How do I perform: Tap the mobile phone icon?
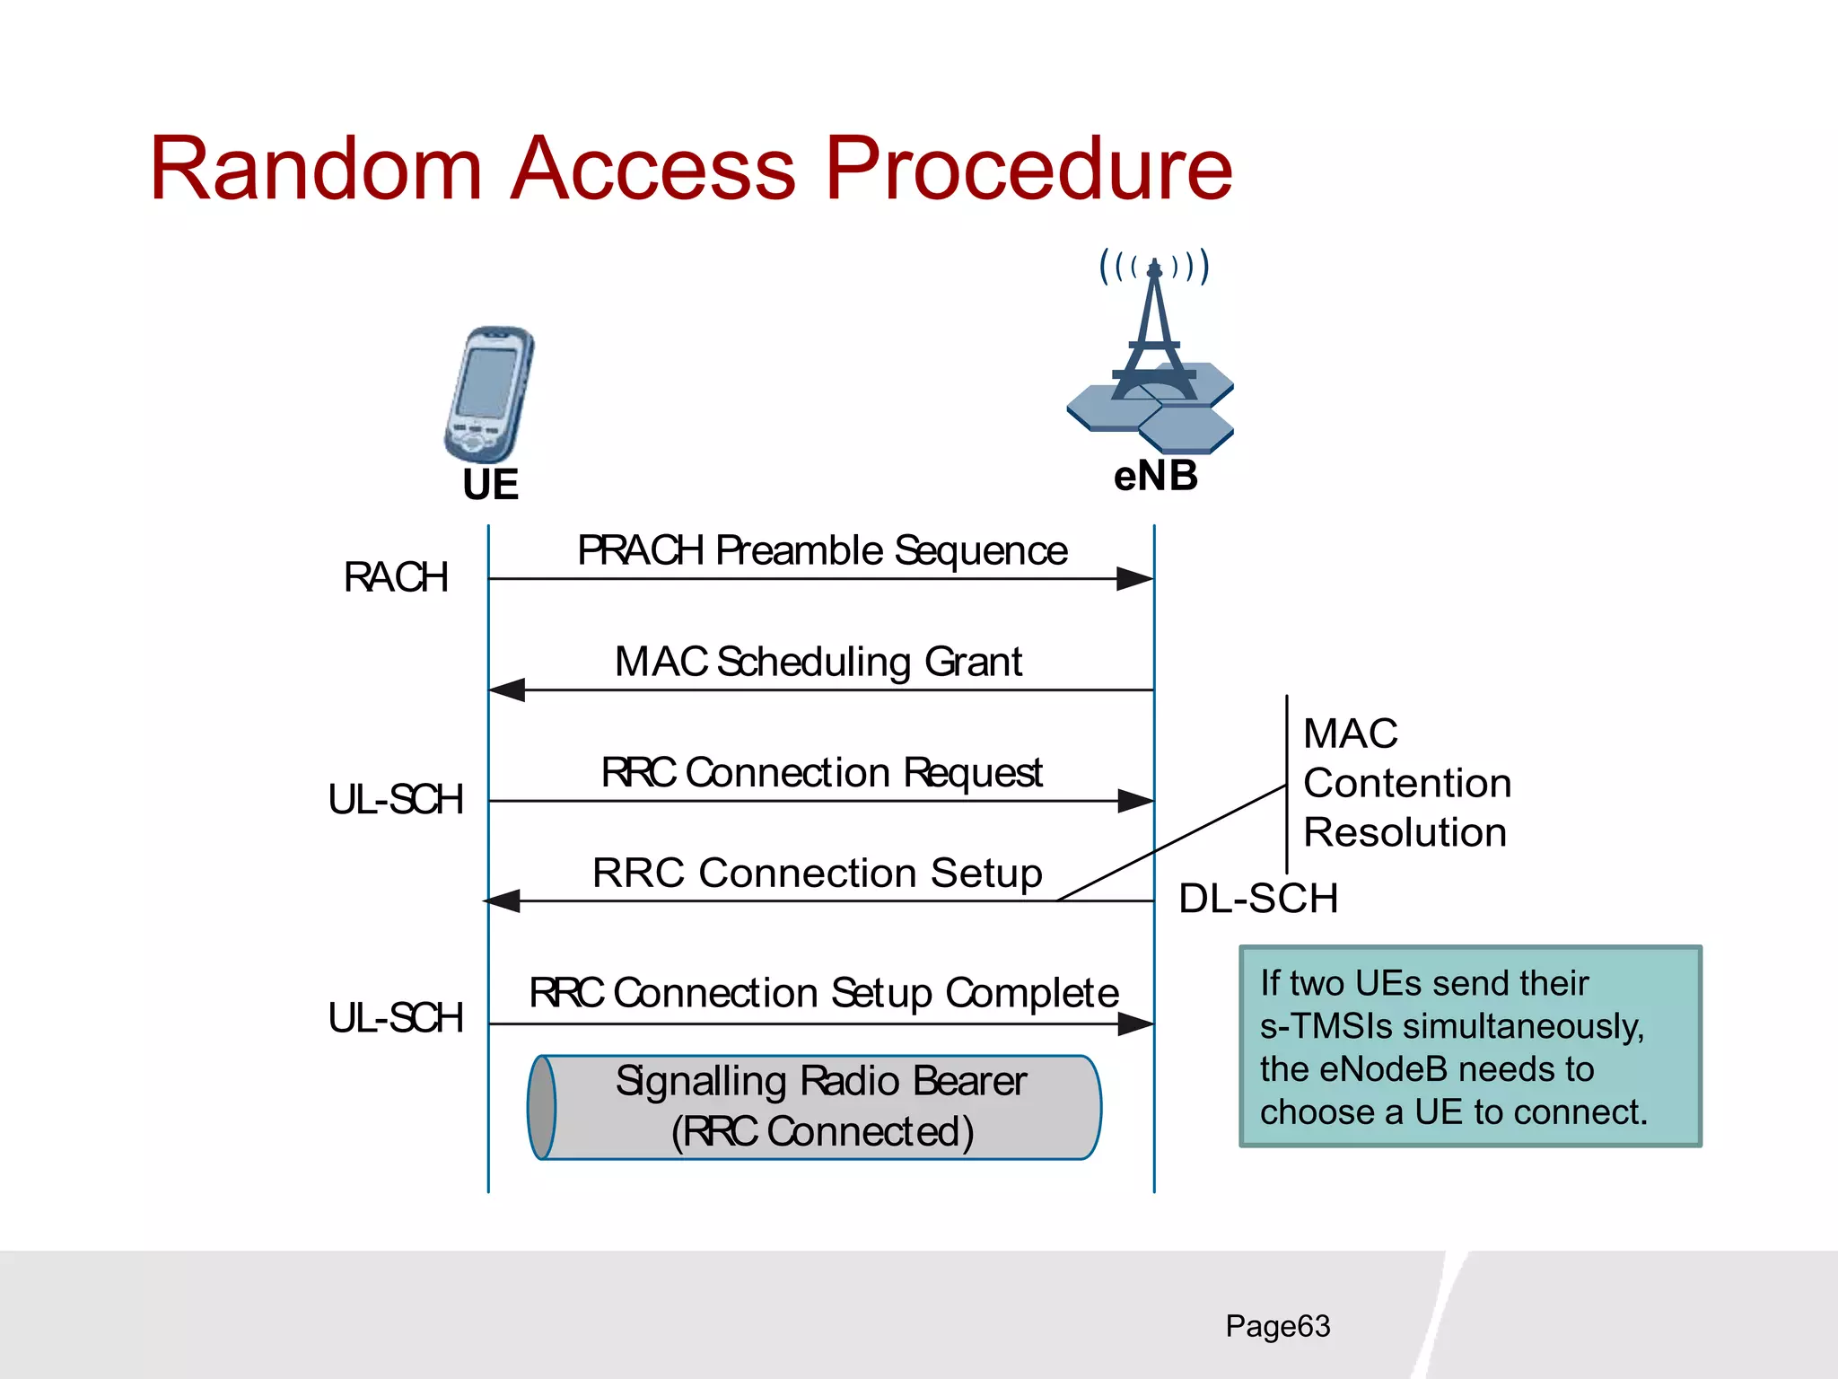pyautogui.click(x=489, y=394)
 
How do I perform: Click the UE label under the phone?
pyautogui.click(x=490, y=485)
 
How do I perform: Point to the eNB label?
pyautogui.click(x=1155, y=476)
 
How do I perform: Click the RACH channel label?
pyautogui.click(x=396, y=577)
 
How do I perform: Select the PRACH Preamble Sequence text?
pyautogui.click(x=821, y=550)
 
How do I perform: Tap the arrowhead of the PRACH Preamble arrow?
pyautogui.click(x=1135, y=579)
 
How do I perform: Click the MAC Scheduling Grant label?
pyautogui.click(x=818, y=662)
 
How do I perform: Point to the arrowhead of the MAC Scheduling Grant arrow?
pyautogui.click(x=507, y=690)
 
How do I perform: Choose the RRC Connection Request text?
pyautogui.click(x=821, y=773)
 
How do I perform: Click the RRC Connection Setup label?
pyautogui.click(x=817, y=873)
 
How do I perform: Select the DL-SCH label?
pyautogui.click(x=1258, y=898)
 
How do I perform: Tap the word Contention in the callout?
pyautogui.click(x=1406, y=783)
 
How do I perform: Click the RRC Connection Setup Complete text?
pyautogui.click(x=823, y=993)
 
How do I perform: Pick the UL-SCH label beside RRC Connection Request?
pyautogui.click(x=396, y=799)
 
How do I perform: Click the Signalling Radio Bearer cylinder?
pyautogui.click(x=815, y=1107)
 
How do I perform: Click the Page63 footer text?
pyautogui.click(x=1277, y=1326)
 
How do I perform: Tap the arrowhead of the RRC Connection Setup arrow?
pyautogui.click(x=503, y=900)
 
